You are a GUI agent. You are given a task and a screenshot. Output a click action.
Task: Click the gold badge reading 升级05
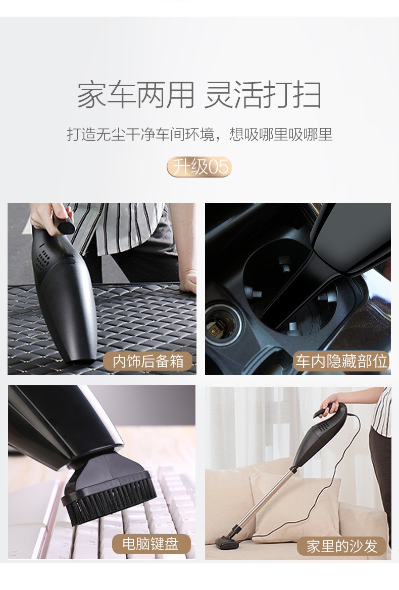tap(199, 167)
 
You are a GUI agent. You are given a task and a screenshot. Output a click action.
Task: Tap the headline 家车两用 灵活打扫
tap(199, 95)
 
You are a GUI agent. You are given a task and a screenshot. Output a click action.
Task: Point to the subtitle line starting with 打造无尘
tap(199, 135)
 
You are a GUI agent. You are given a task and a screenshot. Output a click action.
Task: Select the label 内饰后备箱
tap(148, 362)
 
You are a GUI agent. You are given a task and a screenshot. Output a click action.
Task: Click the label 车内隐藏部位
tap(341, 361)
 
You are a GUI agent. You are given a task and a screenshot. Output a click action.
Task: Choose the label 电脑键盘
tap(150, 544)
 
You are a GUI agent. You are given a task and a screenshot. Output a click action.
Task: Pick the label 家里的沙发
tap(342, 546)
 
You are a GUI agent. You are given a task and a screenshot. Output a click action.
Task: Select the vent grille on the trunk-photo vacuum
tap(44, 258)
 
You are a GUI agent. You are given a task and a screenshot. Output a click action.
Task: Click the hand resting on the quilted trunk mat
tap(189, 280)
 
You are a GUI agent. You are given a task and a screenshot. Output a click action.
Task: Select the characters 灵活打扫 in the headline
tap(263, 95)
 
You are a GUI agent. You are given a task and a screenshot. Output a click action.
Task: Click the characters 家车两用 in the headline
tap(135, 95)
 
